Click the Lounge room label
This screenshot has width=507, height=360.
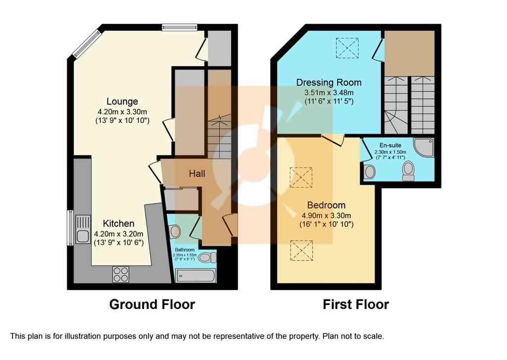[x=122, y=102]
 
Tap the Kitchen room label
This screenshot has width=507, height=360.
[x=119, y=223]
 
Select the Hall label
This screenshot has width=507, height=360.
[x=197, y=174]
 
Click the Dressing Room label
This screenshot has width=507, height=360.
[x=329, y=83]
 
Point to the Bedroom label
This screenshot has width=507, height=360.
[x=326, y=205]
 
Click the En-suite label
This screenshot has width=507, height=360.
[x=390, y=146]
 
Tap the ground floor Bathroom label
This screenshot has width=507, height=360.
[x=185, y=250]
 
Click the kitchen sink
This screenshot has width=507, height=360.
[x=83, y=229]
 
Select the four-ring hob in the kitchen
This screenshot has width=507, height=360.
[x=121, y=274]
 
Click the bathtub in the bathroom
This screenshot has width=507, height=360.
[x=195, y=276]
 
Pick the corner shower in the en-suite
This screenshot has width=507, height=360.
[x=424, y=148]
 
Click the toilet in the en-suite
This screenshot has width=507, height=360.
[x=408, y=171]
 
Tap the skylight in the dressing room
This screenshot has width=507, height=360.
[x=347, y=48]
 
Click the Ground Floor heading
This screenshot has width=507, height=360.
[x=152, y=305]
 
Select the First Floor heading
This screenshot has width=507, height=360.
[x=355, y=305]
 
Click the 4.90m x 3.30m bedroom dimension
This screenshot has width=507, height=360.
[x=326, y=216]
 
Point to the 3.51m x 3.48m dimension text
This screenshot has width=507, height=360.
[x=329, y=93]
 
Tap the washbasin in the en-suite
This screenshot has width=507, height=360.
[x=369, y=172]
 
